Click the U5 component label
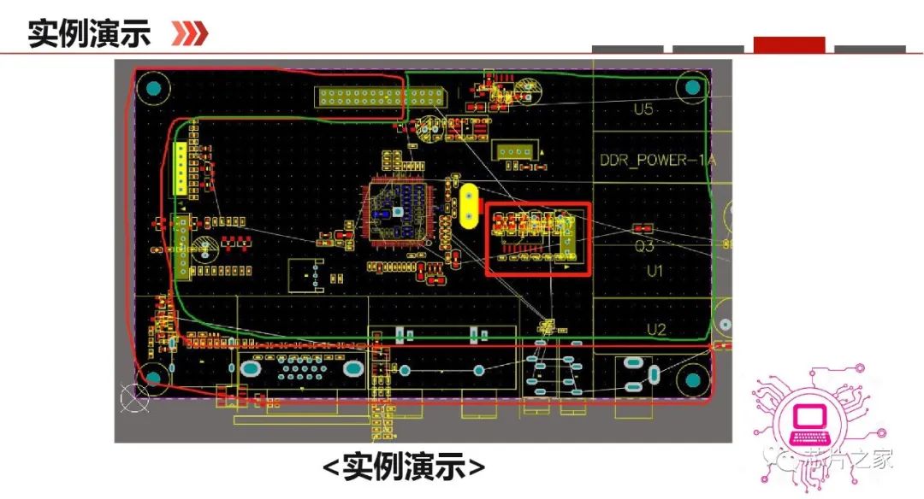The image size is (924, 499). [x=643, y=109]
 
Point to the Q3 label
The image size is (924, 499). [x=644, y=248]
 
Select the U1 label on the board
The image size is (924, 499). [x=655, y=271]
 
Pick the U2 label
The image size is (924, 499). [x=656, y=329]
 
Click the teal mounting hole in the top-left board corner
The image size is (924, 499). [x=154, y=88]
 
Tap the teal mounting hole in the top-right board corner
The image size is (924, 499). [x=691, y=85]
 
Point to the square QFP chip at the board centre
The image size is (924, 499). [x=397, y=210]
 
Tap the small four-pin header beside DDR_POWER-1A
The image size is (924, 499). [x=515, y=152]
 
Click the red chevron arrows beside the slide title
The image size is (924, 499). [x=189, y=33]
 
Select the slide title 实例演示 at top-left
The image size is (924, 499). [x=89, y=33]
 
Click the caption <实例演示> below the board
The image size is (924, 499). [x=404, y=467]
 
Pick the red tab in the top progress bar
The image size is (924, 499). [x=789, y=44]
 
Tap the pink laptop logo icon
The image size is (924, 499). [x=807, y=419]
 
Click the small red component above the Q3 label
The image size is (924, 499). [x=643, y=228]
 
